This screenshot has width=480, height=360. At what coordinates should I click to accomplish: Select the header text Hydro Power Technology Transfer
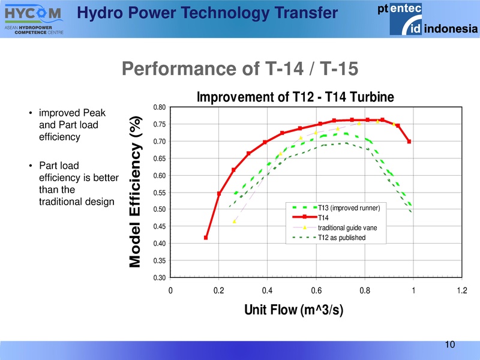coord(208,12)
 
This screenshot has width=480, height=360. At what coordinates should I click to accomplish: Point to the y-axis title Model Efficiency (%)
coord(137,192)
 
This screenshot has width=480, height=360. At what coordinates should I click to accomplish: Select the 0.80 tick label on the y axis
coord(159,108)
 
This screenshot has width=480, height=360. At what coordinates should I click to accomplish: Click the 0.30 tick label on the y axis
coord(159,277)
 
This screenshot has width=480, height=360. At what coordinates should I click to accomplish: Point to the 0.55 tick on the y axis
coord(159,193)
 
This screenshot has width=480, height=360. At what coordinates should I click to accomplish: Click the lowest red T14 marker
coord(206,238)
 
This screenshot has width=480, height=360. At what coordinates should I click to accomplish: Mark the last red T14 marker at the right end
coord(409,142)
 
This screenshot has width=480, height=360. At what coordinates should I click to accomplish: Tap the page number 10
coord(450,344)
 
